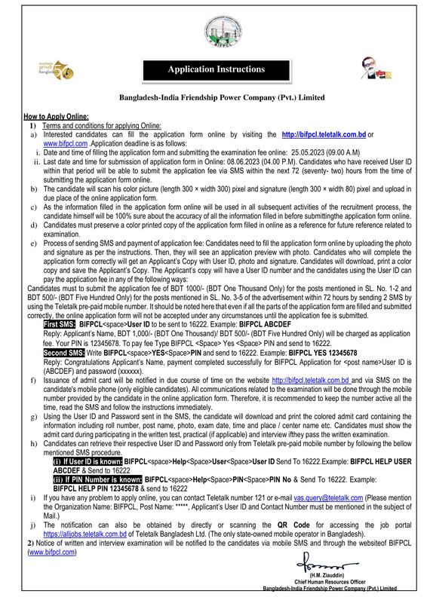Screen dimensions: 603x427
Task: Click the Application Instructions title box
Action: coord(216,70)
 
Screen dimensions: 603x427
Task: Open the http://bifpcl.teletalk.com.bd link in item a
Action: coord(324,133)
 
